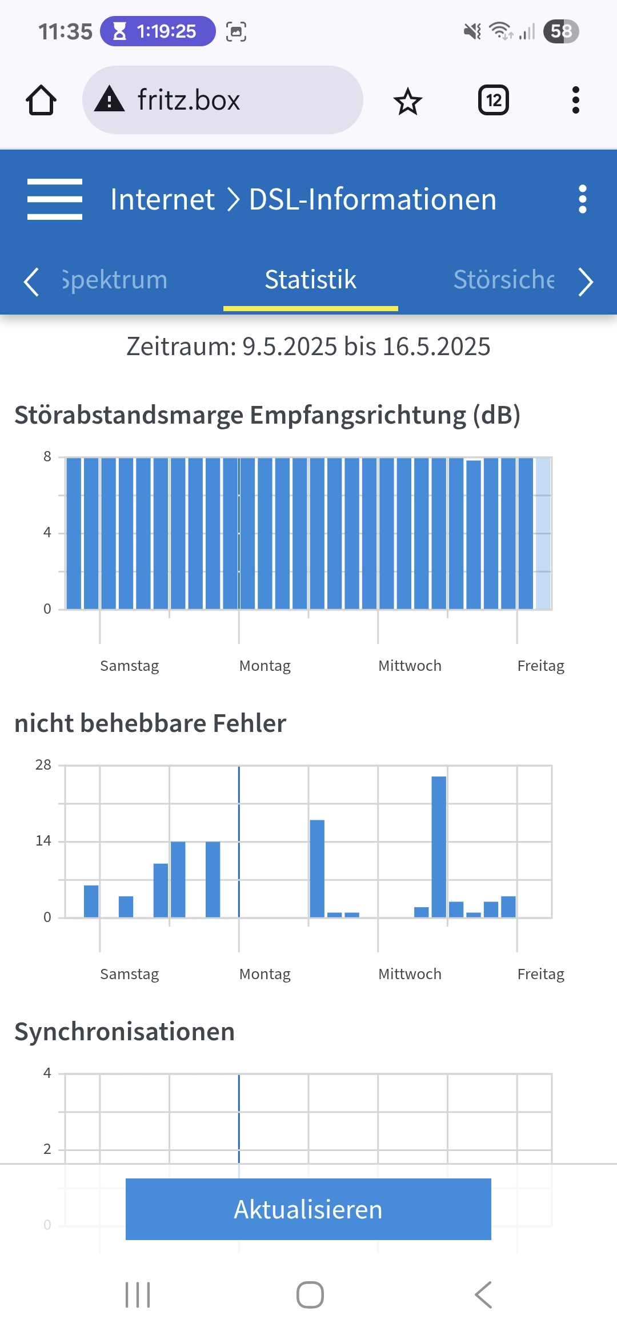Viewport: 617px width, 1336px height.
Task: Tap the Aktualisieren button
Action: (x=308, y=1209)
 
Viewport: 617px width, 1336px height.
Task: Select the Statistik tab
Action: (x=310, y=280)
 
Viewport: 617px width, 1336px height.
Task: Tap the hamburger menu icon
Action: (x=55, y=199)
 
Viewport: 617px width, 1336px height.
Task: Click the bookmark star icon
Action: (x=407, y=102)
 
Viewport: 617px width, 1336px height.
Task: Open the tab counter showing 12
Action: (x=493, y=100)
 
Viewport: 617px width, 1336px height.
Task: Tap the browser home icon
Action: (x=41, y=100)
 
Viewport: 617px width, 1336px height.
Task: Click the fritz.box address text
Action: (x=189, y=100)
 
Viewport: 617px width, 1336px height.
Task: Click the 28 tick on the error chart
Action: (x=43, y=765)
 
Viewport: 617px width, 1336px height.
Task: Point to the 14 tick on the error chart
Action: (x=43, y=841)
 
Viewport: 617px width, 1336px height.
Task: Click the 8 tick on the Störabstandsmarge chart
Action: (x=47, y=457)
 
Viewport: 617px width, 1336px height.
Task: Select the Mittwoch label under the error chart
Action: (x=410, y=974)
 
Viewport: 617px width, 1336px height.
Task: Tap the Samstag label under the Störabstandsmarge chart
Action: (x=129, y=666)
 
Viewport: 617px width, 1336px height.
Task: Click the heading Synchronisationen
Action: (x=125, y=1032)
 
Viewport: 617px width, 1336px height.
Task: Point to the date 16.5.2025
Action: (x=436, y=347)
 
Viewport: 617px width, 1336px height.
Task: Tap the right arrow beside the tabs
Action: (x=586, y=281)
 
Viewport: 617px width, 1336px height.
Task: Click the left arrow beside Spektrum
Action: (x=31, y=281)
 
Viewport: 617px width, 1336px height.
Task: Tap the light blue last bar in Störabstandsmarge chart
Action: (x=543, y=533)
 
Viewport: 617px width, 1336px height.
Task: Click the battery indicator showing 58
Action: (x=561, y=31)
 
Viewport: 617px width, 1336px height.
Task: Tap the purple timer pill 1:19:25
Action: (x=158, y=31)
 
